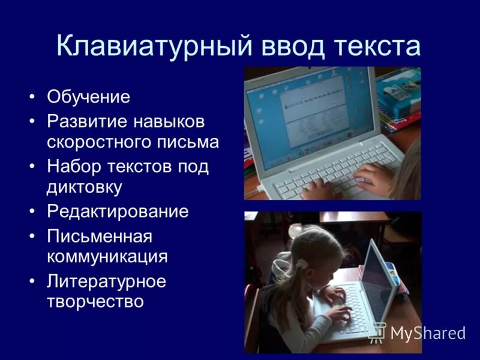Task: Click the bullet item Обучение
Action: coord(88,97)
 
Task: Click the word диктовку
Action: coord(85,187)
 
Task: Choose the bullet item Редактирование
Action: coord(118,211)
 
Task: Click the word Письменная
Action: coord(100,236)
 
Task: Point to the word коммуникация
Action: coord(107,257)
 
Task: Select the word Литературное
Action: coord(106,281)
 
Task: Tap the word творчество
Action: coord(95,301)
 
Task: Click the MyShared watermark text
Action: coord(427,332)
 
